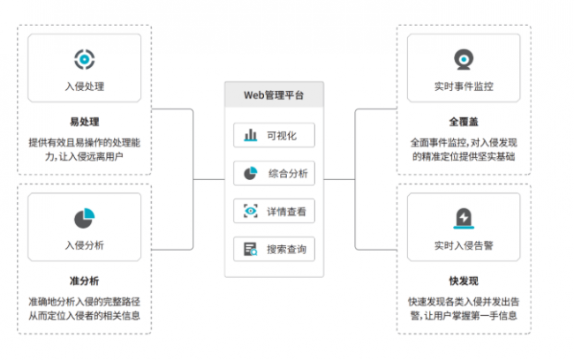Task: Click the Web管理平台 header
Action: (x=274, y=94)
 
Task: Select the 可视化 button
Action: (x=274, y=135)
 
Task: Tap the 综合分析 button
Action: (x=274, y=173)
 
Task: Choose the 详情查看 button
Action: (x=274, y=211)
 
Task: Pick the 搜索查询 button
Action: (x=274, y=249)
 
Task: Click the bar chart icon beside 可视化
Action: (x=251, y=135)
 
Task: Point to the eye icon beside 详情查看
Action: (x=251, y=211)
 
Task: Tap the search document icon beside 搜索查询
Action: (x=251, y=249)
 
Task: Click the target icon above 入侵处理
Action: (x=85, y=59)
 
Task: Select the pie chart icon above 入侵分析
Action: (x=85, y=219)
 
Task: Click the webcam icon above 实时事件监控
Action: (x=464, y=59)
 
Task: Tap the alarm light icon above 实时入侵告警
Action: (x=464, y=219)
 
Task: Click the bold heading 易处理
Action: (x=85, y=122)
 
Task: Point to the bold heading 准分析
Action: (x=85, y=281)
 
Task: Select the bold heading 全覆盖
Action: (x=464, y=122)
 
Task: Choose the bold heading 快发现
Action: (x=464, y=281)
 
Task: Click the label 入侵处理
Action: (x=85, y=86)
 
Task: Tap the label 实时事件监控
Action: (x=464, y=86)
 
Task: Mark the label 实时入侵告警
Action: (x=464, y=245)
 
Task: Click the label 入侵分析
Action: (x=85, y=245)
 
